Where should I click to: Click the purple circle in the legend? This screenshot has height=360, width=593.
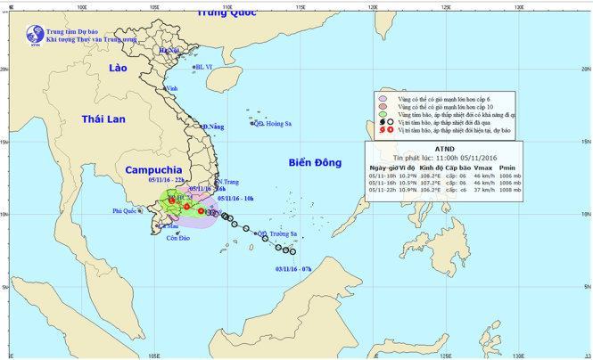383,99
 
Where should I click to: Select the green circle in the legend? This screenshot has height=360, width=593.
383,117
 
